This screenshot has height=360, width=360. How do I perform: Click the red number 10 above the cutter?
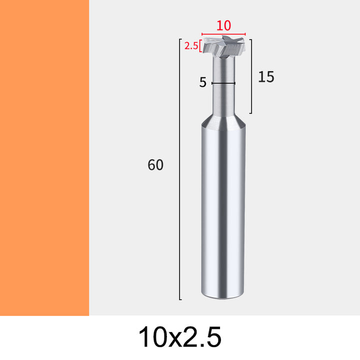tap(223, 25)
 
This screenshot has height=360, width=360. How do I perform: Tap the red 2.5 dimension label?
tap(191, 46)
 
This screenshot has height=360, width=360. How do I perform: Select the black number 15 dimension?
tap(266, 76)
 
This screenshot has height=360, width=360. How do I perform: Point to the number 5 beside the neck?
tap(202, 82)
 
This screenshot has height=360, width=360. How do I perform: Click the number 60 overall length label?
tap(155, 164)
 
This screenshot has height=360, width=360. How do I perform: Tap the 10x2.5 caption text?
tap(180, 337)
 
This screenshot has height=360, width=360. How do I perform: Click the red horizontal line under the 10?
tap(223, 34)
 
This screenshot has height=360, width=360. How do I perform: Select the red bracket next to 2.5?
tap(200, 46)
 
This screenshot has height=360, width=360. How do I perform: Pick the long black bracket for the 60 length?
tap(180, 169)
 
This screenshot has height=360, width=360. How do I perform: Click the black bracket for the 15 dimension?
tap(251, 76)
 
